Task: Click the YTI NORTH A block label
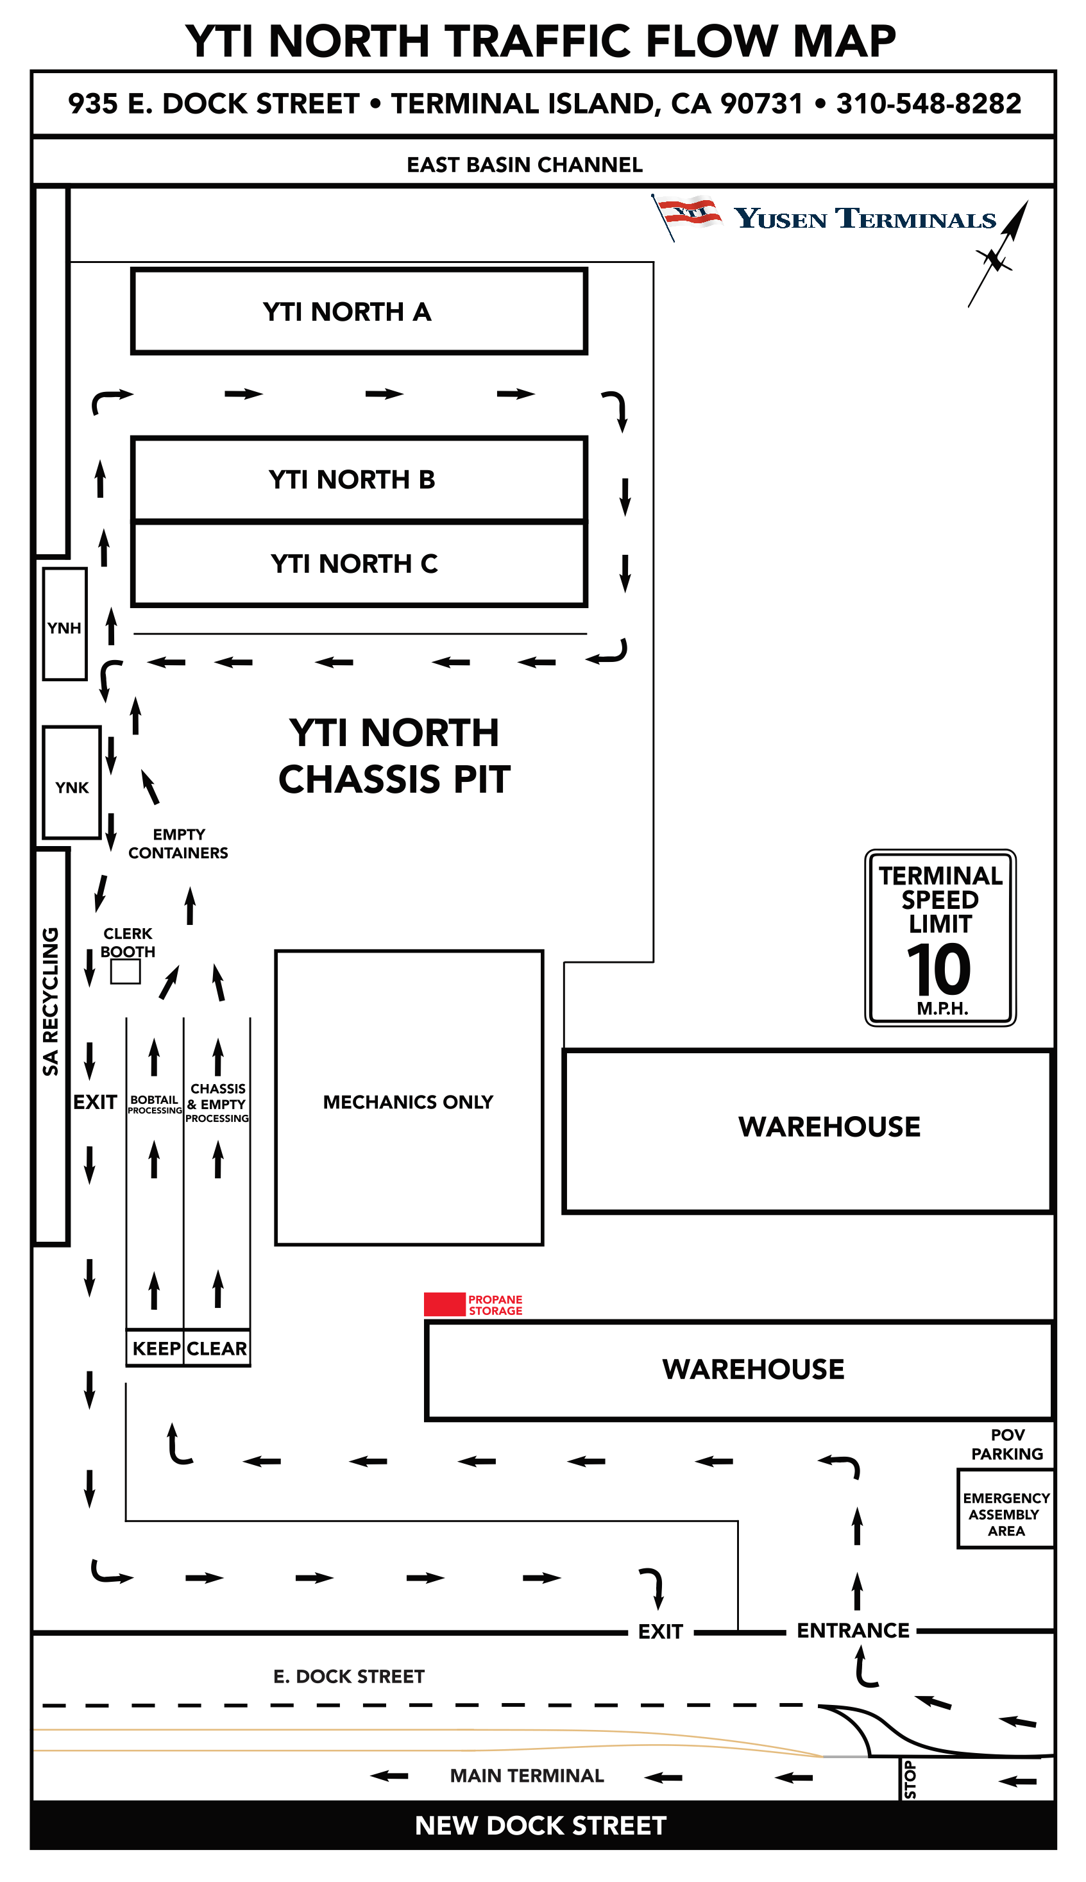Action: click(347, 312)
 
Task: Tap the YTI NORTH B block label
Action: click(352, 479)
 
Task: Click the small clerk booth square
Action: click(125, 972)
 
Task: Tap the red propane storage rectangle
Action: click(445, 1304)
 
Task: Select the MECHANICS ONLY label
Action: click(408, 1102)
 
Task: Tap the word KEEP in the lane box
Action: click(156, 1348)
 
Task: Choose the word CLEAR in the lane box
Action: click(216, 1348)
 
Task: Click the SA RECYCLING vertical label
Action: click(50, 1001)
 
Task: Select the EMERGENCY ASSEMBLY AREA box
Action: click(1005, 1514)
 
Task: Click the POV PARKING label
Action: click(1007, 1445)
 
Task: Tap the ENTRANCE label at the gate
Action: click(853, 1631)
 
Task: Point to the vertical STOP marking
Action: click(909, 1780)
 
